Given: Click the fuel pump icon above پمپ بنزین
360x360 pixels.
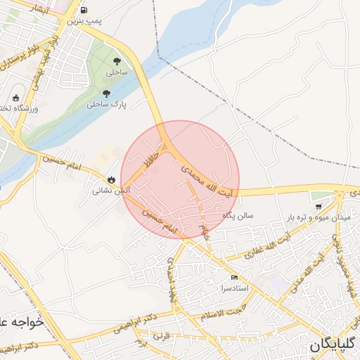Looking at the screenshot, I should pos(84,11).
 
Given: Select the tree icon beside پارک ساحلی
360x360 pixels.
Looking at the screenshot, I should pos(106,94).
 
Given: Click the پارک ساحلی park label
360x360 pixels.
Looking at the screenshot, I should pos(106,104).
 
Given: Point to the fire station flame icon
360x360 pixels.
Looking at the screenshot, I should pos(111,179).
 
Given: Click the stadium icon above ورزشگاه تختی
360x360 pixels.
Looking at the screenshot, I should pos(15,98).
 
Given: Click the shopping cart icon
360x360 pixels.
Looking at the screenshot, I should pos(319,207).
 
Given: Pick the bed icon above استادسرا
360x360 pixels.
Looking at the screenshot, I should pos(234,278).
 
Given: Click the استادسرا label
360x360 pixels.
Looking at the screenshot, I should pos(233,288).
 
